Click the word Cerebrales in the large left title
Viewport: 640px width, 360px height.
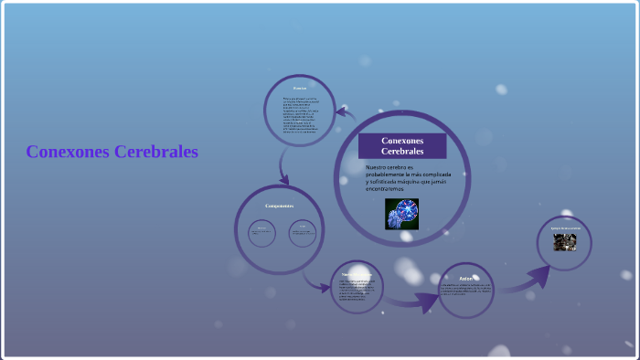pos(156,152)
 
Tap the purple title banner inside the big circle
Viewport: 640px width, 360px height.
pos(402,145)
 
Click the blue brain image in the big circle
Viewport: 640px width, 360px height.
pos(401,213)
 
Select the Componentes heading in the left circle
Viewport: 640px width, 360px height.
pos(279,206)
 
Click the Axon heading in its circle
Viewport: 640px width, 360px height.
pos(465,278)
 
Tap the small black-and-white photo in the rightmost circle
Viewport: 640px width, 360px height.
pos(564,242)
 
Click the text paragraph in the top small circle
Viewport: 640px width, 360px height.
pos(299,114)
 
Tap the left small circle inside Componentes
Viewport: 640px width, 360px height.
pos(261,232)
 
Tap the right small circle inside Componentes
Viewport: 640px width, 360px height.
pos(303,232)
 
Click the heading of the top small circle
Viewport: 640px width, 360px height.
pos(300,89)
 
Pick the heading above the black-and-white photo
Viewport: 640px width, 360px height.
pos(565,228)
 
